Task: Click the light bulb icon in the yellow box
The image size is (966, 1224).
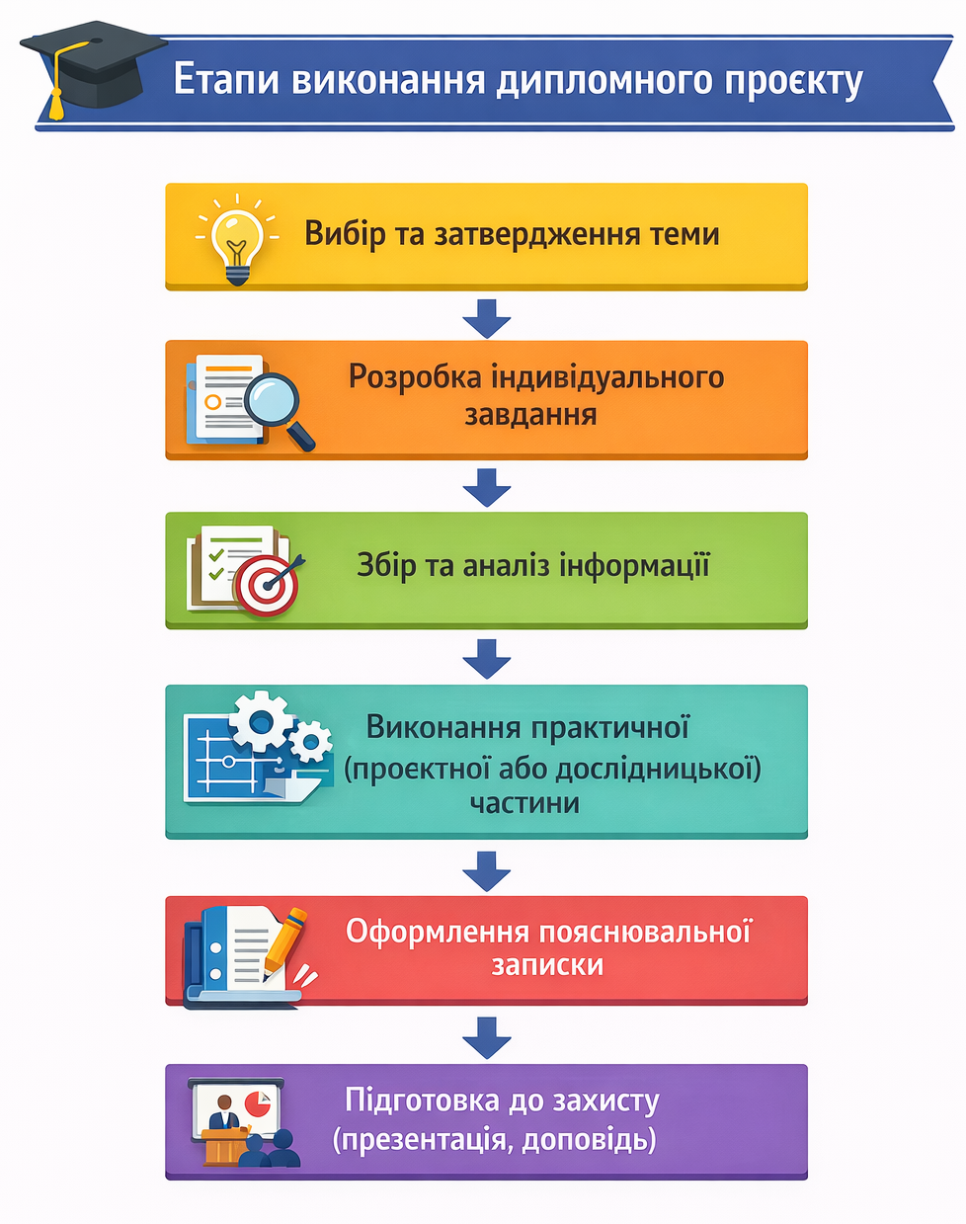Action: [237, 242]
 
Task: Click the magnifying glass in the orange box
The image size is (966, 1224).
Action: [278, 403]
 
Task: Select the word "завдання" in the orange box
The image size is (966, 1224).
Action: [530, 415]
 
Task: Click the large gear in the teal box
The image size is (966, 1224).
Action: [261, 722]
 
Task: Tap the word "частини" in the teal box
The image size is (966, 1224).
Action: [524, 802]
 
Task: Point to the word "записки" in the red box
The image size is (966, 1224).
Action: [547, 965]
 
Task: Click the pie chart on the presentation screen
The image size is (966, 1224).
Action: [258, 1102]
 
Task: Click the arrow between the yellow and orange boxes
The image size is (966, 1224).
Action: [487, 317]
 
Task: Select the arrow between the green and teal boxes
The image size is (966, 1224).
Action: [487, 658]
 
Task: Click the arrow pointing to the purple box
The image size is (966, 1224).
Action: [487, 1037]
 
